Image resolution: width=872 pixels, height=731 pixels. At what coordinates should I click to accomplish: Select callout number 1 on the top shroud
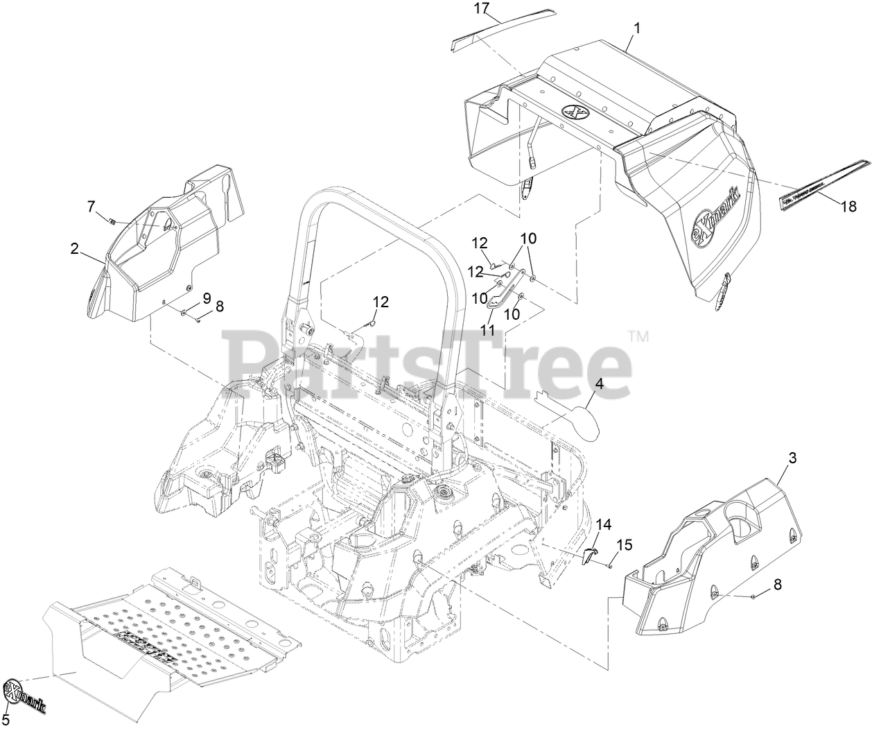pyautogui.click(x=637, y=28)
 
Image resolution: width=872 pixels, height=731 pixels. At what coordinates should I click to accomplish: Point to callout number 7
pyautogui.click(x=90, y=205)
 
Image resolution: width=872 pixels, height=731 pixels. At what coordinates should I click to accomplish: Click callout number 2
pyautogui.click(x=74, y=249)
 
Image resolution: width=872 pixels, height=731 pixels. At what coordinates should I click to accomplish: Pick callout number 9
pyautogui.click(x=206, y=299)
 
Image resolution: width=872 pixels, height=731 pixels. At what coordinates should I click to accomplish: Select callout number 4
pyautogui.click(x=599, y=383)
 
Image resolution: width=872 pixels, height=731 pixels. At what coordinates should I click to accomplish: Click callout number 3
pyautogui.click(x=792, y=458)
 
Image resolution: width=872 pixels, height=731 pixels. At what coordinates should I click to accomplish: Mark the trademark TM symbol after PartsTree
pyautogui.click(x=638, y=338)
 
